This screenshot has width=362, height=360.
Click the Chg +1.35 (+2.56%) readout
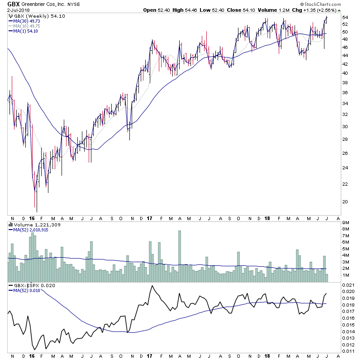319,10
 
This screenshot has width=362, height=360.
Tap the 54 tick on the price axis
345,18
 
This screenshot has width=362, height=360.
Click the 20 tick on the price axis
345,202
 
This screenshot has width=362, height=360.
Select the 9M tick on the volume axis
346,222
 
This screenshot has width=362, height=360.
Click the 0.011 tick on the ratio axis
348,350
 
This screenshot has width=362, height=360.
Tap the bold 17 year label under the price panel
149,218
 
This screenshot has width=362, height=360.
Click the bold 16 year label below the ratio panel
32,357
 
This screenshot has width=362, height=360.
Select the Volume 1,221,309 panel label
30,224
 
